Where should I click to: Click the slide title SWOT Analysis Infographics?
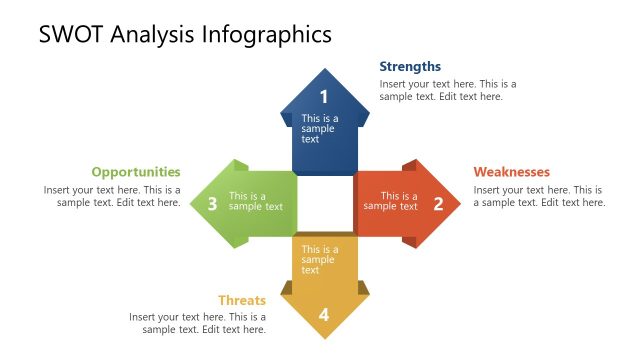pos(185,35)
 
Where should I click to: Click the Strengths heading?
pos(410,67)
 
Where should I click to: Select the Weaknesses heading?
pos(511,172)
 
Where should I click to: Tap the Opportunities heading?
pos(136,172)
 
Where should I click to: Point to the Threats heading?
pos(242,300)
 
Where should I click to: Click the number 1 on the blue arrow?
pos(324,97)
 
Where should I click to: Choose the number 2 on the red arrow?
pos(438,204)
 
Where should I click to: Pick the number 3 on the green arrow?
pos(212,204)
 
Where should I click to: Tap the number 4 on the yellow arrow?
pos(324,315)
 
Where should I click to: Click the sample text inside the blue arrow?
pos(320,129)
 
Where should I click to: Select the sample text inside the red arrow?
pos(391,201)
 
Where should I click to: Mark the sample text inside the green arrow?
pos(255,201)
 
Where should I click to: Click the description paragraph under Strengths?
pos(448,90)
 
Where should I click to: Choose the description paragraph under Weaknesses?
pos(539,196)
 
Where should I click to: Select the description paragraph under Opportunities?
pos(112,196)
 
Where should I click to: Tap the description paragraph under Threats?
pos(197,323)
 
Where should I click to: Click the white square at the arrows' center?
pos(325,204)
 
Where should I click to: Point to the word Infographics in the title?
pos(268,35)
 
